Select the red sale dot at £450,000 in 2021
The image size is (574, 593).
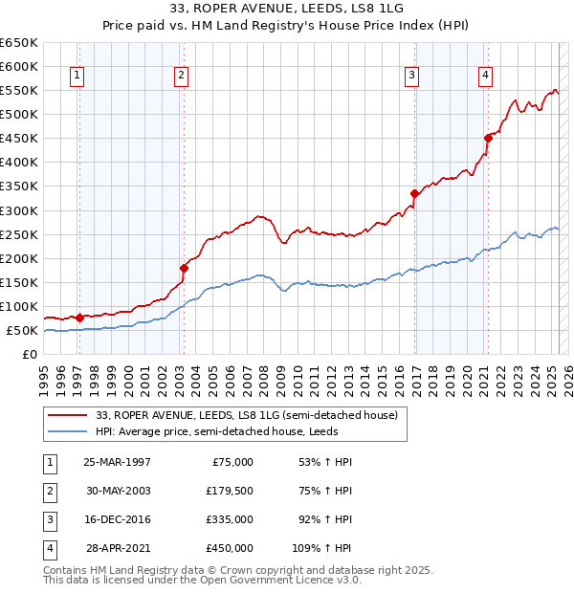point(487,138)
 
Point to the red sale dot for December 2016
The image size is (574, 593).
point(414,193)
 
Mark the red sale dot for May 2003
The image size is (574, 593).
point(184,268)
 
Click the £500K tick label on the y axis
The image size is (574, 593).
point(19,114)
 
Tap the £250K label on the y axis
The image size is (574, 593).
point(19,234)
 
